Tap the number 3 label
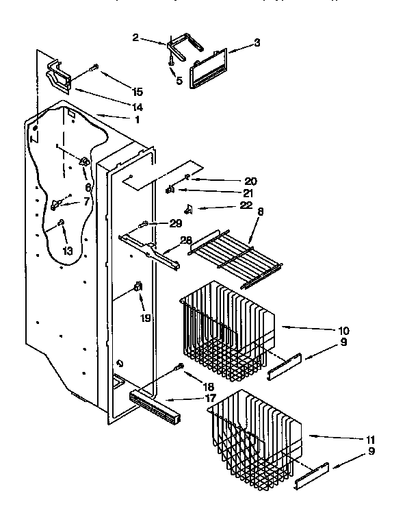257,42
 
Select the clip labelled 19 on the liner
139,286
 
